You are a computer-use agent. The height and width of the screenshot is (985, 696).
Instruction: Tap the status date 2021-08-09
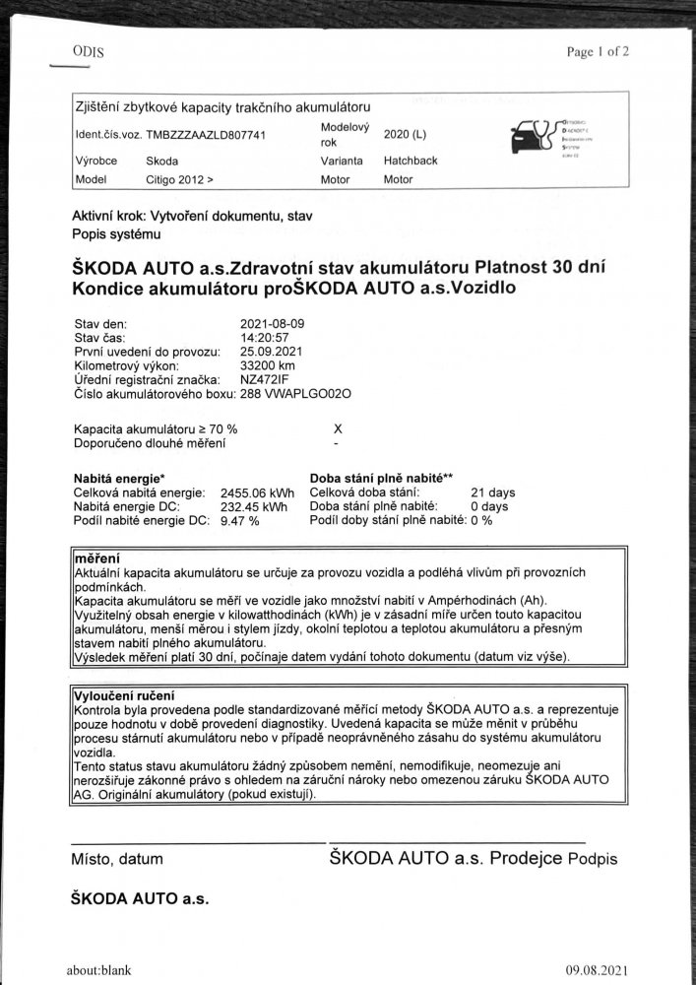272,323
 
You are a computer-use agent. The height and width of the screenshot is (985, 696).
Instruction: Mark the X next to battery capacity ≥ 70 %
338,429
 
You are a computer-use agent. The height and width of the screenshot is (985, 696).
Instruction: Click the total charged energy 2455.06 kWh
260,492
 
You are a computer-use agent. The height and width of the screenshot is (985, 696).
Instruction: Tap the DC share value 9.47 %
239,520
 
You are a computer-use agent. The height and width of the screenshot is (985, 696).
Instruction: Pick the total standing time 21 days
493,492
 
